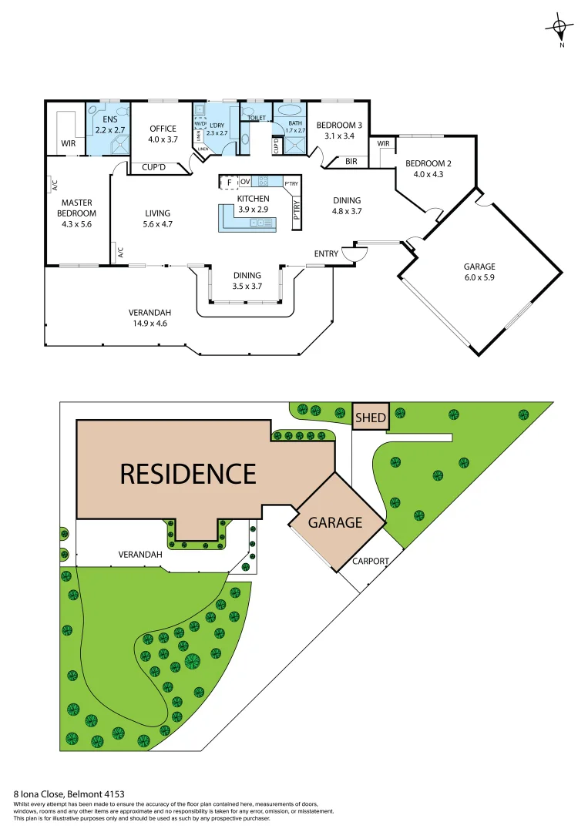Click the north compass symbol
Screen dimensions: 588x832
[x=560, y=30]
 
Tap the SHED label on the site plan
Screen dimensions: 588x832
[x=371, y=418]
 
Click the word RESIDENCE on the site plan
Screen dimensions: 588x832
[x=187, y=472]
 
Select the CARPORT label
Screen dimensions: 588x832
[x=371, y=561]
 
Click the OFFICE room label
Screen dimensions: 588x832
[x=163, y=129]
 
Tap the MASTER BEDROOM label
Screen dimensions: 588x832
[x=77, y=208]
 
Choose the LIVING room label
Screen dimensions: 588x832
[x=157, y=213]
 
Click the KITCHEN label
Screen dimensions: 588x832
[x=253, y=199]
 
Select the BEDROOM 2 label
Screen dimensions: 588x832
[x=428, y=163]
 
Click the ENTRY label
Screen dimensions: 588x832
[x=326, y=253]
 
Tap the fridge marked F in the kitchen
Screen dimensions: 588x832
[x=228, y=182]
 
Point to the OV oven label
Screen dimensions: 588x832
[x=245, y=181]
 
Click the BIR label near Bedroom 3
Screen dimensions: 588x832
[x=351, y=161]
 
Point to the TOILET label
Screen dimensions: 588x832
[x=257, y=118]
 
